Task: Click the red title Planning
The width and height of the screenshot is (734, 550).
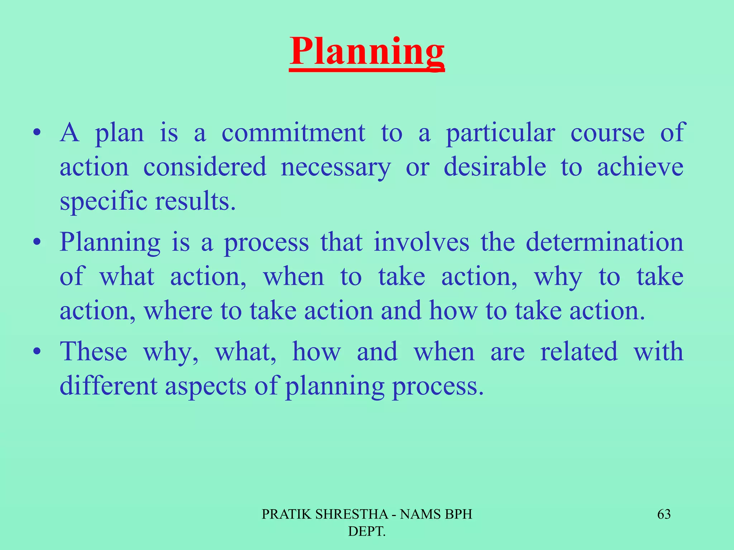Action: click(x=367, y=52)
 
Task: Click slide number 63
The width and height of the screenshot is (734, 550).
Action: click(x=664, y=515)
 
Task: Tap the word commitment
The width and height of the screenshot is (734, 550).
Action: click(x=293, y=133)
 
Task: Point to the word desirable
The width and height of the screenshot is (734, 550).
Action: click(x=495, y=167)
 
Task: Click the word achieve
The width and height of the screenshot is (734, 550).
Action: click(x=640, y=167)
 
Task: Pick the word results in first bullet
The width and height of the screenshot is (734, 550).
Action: click(x=195, y=202)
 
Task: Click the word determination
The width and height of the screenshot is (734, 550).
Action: click(x=604, y=242)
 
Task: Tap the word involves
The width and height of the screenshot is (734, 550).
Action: click(x=421, y=242)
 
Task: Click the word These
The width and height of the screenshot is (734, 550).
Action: click(x=94, y=352)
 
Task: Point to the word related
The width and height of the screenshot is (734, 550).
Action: click(x=579, y=352)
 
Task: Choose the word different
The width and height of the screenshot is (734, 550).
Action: click(x=108, y=386)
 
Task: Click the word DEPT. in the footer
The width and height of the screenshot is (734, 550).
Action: click(x=367, y=532)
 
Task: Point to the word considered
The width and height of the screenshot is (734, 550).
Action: click(x=205, y=167)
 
